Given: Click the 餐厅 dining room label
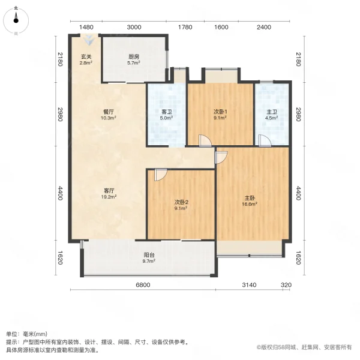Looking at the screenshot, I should click(x=108, y=115).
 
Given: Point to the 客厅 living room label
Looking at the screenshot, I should click(x=108, y=193).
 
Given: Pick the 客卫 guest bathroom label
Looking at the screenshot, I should click(x=167, y=115).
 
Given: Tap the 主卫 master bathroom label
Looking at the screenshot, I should click(x=272, y=115).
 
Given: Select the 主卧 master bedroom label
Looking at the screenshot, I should click(x=250, y=201).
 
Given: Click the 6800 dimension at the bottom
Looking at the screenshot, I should click(x=142, y=284).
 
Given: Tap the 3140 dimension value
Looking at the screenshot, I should click(x=250, y=284).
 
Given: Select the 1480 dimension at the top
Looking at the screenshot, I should click(x=86, y=27).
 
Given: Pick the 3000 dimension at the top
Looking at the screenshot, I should click(x=134, y=27).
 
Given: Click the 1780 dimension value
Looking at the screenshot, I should click(x=185, y=27).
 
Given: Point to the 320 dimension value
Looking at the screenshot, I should click(x=287, y=284).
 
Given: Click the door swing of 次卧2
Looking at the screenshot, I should click(x=160, y=175).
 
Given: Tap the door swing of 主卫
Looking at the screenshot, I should click(x=264, y=140).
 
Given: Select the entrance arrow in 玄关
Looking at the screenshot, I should click(x=89, y=40).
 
